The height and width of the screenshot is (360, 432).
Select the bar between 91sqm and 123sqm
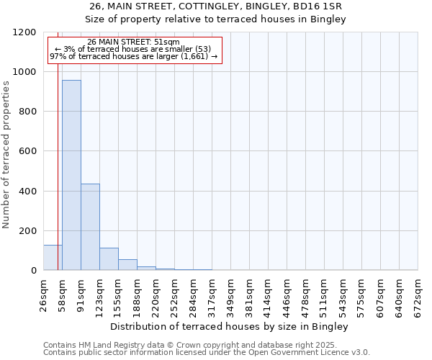[90, 227]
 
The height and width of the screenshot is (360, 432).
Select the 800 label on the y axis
[27, 112]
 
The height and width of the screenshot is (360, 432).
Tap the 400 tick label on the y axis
[27, 192]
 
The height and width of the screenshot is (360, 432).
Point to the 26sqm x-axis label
[44, 294]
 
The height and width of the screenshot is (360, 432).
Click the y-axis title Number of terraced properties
[6, 155]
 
